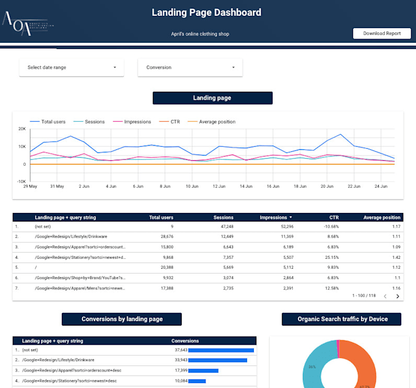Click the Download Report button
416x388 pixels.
[x=382, y=34]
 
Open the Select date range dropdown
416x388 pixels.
[x=72, y=67]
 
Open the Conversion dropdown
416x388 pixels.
[x=190, y=67]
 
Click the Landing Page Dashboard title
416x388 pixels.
[x=206, y=12]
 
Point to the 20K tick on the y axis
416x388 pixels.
[x=22, y=129]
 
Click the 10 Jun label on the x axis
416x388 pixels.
[x=192, y=186]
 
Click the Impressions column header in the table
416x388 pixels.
[x=273, y=217]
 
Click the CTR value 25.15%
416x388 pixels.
[x=330, y=258]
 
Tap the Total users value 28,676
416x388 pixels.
[x=163, y=236]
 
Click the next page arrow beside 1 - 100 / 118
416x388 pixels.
[x=398, y=296]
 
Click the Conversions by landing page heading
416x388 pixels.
[x=121, y=319]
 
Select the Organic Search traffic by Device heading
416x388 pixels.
[x=343, y=319]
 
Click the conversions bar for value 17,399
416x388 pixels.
[x=204, y=370]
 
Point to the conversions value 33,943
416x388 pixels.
[x=178, y=360]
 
